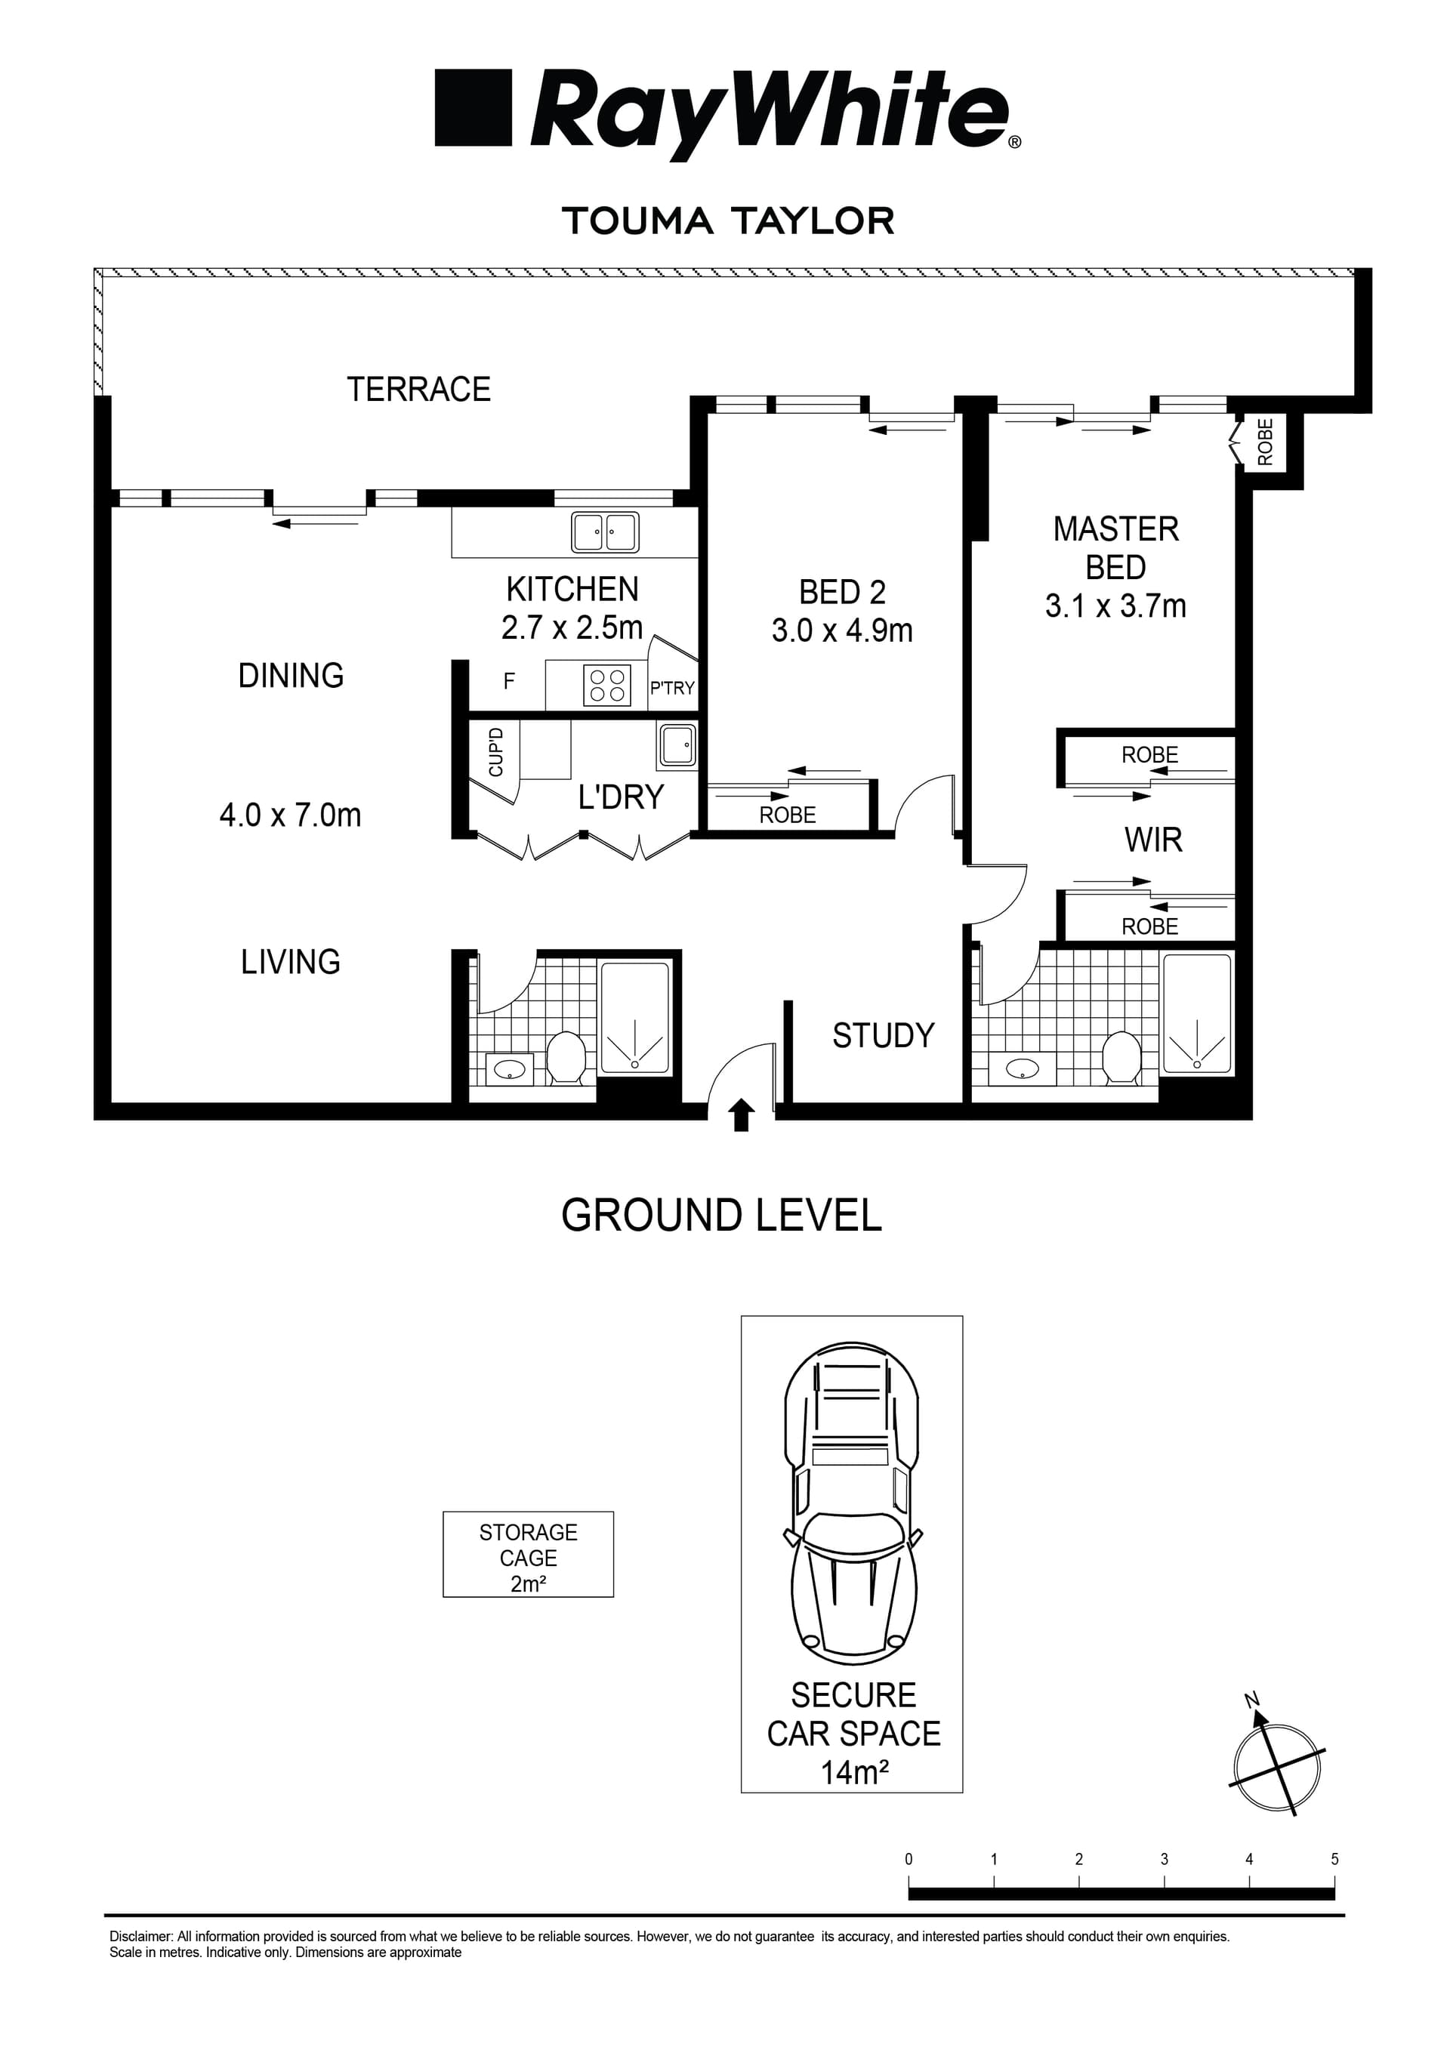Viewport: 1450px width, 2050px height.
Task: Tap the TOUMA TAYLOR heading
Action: tap(728, 221)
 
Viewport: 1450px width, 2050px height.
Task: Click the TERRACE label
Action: tap(418, 390)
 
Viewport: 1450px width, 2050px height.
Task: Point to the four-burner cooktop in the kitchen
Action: tap(607, 685)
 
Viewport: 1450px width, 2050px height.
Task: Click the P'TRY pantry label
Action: tap(671, 688)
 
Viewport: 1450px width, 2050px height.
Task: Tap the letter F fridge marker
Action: tap(509, 681)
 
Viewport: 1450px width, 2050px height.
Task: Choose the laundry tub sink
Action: tap(677, 744)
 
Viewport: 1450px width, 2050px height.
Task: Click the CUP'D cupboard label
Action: tap(496, 752)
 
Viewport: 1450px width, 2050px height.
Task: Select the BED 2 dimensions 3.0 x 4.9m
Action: tap(842, 631)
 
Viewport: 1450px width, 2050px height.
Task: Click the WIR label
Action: tap(1152, 840)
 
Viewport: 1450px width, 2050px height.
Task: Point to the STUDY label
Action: tap(883, 1035)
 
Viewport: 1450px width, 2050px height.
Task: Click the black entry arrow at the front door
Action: tap(741, 1116)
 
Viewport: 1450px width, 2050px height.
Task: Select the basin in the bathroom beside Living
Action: tap(510, 1068)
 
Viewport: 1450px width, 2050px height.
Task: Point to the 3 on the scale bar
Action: tap(1165, 1859)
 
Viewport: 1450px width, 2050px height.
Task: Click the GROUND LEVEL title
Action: tap(721, 1215)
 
